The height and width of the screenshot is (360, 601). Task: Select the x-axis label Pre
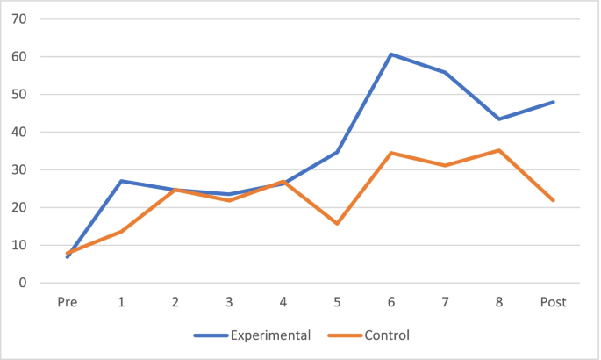[x=68, y=302]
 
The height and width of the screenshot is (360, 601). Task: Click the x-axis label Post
[x=554, y=302]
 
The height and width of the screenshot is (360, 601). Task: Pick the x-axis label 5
[x=338, y=302]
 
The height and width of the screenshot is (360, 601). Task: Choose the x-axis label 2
[x=175, y=302]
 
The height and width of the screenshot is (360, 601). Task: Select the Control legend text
[x=389, y=335]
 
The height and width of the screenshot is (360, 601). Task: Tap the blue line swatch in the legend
[x=210, y=335]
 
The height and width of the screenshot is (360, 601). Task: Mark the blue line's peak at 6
[x=391, y=54]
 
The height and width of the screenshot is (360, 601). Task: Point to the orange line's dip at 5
[x=338, y=223]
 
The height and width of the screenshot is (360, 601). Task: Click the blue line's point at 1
[x=121, y=181]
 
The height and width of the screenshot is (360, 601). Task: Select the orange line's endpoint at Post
[x=554, y=200]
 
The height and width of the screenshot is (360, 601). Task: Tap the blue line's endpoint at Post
[x=554, y=102]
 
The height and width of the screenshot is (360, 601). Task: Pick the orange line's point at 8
[x=499, y=150]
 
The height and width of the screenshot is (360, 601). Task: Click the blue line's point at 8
[x=499, y=119]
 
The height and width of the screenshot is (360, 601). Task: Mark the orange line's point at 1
[x=121, y=231]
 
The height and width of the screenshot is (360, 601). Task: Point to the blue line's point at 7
[x=446, y=72]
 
